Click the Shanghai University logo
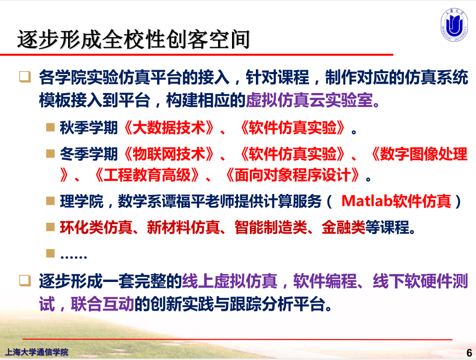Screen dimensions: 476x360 click(454, 24)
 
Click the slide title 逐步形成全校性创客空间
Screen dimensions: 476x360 click(134, 39)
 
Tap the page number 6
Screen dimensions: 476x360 click(470, 353)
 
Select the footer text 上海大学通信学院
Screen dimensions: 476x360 click(36, 352)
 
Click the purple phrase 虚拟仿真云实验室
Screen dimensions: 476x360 click(313, 100)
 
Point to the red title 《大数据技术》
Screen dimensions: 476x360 click(169, 128)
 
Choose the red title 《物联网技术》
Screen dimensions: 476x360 click(169, 154)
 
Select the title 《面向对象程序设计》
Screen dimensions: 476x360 click(294, 175)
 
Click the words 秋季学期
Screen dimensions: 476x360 click(89, 128)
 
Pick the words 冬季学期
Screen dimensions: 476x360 click(89, 154)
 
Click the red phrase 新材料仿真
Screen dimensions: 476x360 click(183, 227)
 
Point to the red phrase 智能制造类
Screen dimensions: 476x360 click(271, 227)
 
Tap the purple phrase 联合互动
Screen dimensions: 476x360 click(103, 304)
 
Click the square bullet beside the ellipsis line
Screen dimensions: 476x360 click(50, 254)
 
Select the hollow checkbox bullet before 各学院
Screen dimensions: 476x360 click(25, 77)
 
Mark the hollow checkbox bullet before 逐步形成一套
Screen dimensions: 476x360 click(25, 281)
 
